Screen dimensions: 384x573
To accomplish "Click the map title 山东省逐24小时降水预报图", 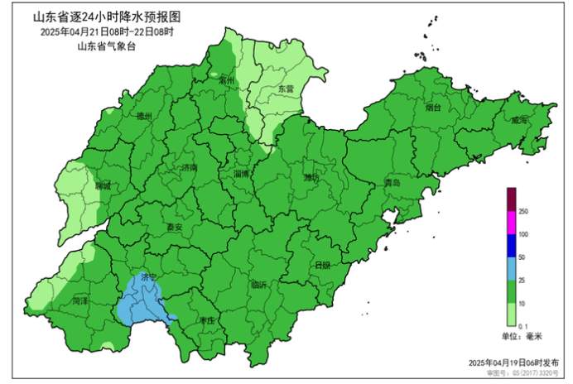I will tap(106, 16).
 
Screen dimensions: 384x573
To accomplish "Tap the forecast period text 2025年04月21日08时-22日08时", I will tap(106, 31).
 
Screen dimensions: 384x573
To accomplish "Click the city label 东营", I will tap(286, 89).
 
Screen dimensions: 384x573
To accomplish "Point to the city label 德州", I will tap(144, 118).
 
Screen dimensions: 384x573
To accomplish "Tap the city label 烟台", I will tap(433, 108).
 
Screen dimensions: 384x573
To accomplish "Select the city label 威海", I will tap(518, 121).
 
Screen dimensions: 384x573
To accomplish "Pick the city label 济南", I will tap(189, 167).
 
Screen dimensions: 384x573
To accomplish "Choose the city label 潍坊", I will tap(311, 178).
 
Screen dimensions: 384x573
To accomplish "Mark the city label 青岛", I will tap(392, 182).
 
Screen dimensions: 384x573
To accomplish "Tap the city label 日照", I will tap(322, 265).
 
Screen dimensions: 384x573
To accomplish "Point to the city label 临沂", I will tap(258, 286).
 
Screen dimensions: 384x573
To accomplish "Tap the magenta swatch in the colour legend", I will tap(512, 223).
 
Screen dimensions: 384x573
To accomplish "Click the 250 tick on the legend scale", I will tap(523, 213).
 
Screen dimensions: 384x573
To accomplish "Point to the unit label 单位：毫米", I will tap(522, 336).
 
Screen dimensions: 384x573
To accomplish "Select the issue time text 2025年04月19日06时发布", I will tap(510, 362).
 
